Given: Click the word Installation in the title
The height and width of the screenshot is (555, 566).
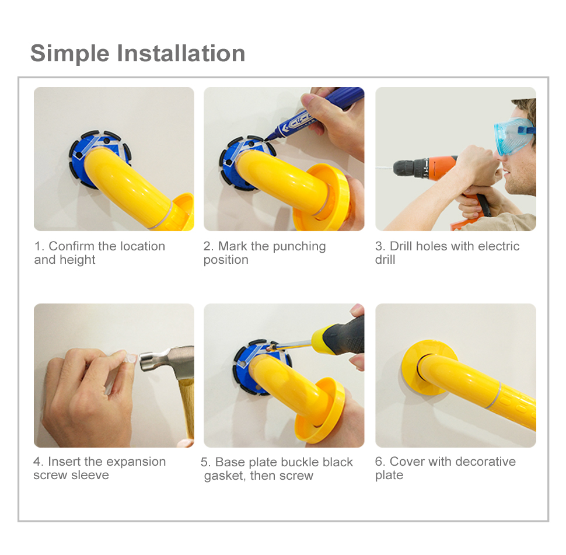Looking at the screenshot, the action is pyautogui.click(x=181, y=54).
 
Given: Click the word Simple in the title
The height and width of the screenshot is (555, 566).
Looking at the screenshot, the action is pyautogui.click(x=69, y=54).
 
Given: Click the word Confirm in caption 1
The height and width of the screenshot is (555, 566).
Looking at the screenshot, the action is pyautogui.click(x=71, y=246).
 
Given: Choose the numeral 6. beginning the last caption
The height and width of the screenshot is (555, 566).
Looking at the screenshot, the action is pyautogui.click(x=380, y=462).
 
